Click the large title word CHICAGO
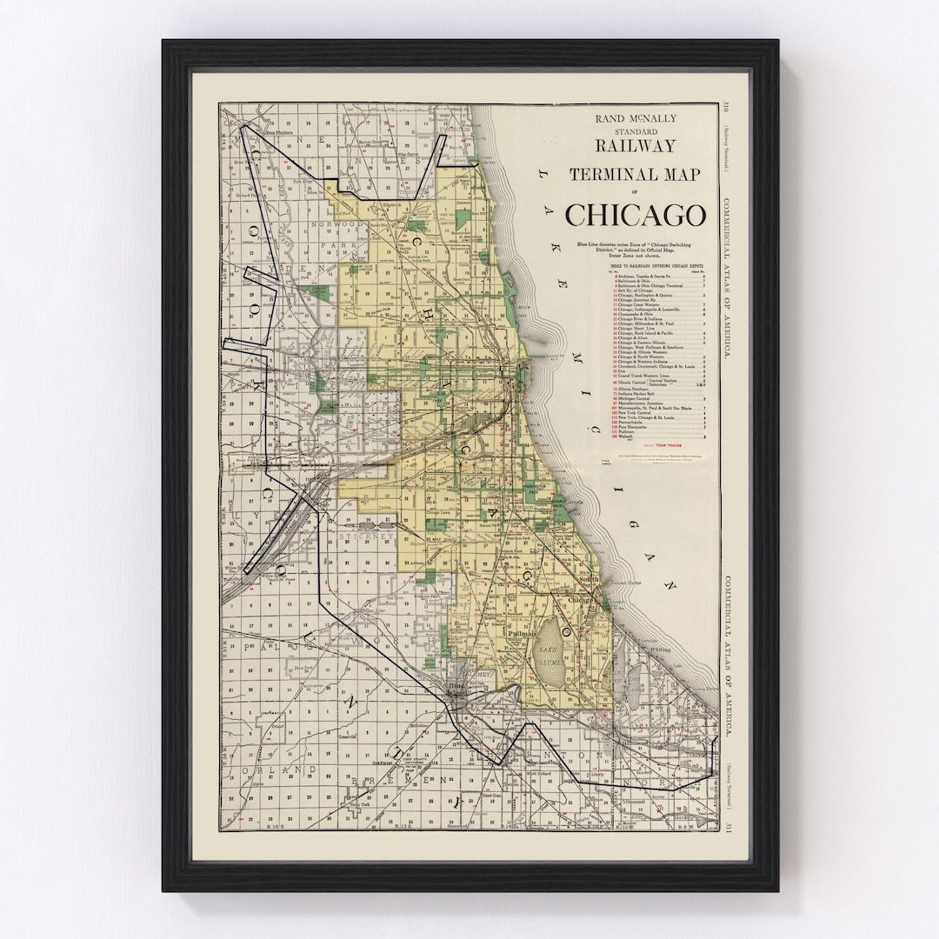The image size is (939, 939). (x=636, y=214)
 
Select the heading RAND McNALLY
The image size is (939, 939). (x=635, y=118)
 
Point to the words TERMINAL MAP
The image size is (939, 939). (x=635, y=175)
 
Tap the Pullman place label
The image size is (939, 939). (x=518, y=635)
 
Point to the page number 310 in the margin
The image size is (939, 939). (x=724, y=108)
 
